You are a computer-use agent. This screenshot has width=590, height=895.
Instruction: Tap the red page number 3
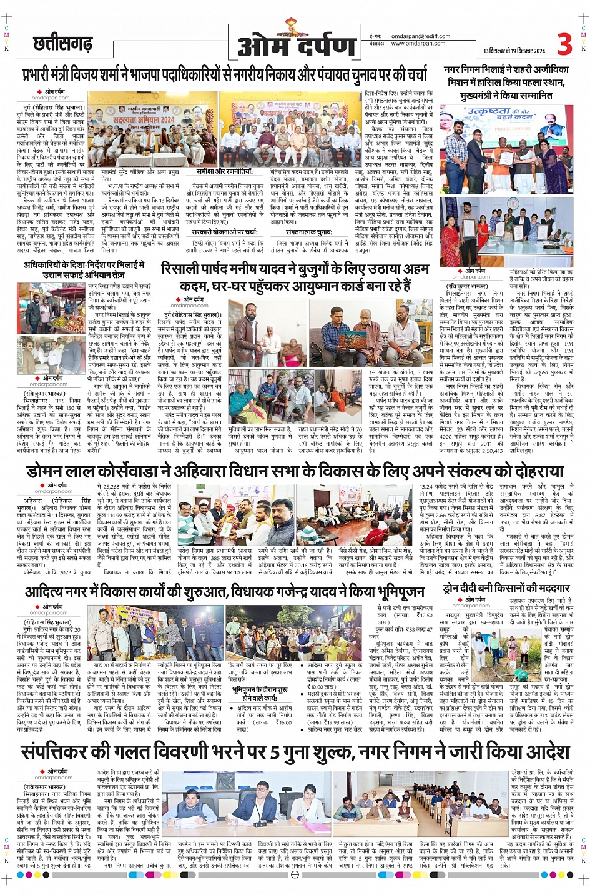[564, 44]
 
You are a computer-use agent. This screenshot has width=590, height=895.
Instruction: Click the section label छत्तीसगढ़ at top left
[62, 44]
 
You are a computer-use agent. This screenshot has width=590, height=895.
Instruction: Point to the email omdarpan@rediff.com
[420, 36]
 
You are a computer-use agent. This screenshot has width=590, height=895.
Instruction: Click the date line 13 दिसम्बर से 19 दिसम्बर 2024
[514, 51]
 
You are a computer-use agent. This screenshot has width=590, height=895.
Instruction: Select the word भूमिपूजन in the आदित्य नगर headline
[393, 591]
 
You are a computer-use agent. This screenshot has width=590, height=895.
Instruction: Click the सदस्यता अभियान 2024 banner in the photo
[144, 119]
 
